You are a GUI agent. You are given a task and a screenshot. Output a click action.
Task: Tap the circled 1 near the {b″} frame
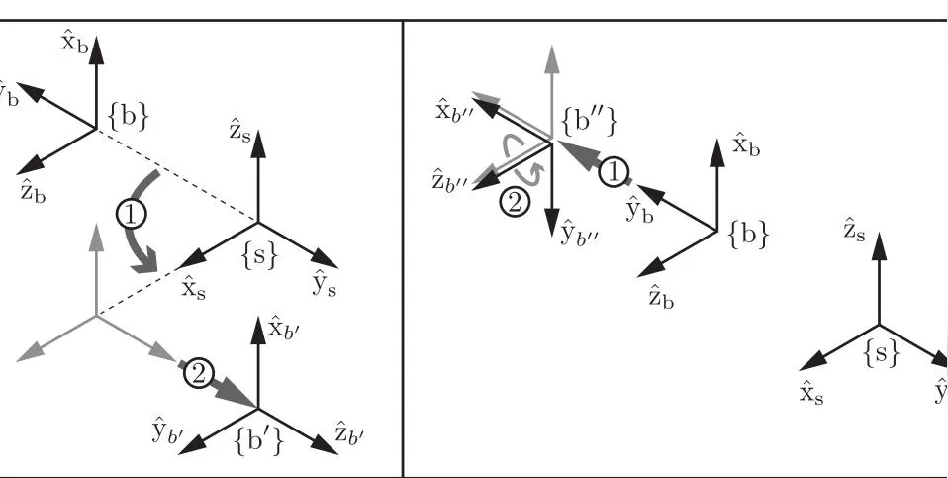pos(615,173)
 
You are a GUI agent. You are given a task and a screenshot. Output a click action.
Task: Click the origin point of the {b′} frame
pos(258,408)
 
